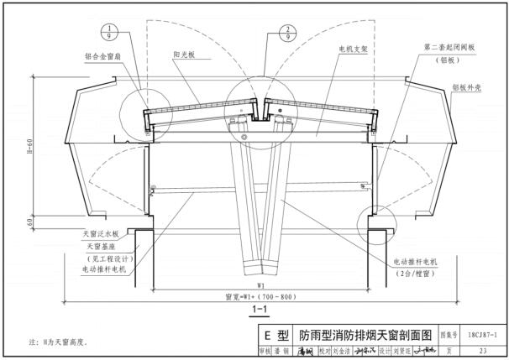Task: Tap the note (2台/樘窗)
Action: coord(413,274)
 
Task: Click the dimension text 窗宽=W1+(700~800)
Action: coord(260,296)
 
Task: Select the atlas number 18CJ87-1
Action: coord(488,334)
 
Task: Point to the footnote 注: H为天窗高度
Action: coord(60,343)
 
